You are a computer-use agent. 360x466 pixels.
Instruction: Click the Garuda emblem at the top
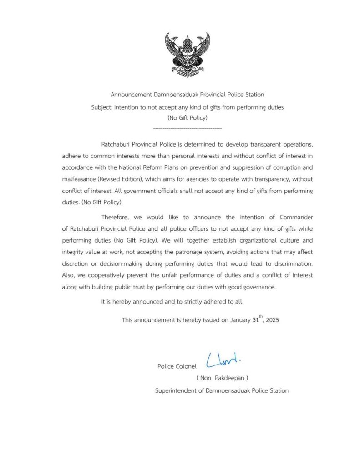[x=187, y=55]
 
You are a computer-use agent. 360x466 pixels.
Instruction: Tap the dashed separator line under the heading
[x=187, y=129]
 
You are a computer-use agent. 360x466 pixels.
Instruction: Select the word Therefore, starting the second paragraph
[x=116, y=217]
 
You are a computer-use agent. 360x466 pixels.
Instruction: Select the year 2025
[x=272, y=320]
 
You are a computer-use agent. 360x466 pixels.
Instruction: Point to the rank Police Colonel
[x=177, y=366]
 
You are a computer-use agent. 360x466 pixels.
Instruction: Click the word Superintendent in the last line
[x=176, y=390]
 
